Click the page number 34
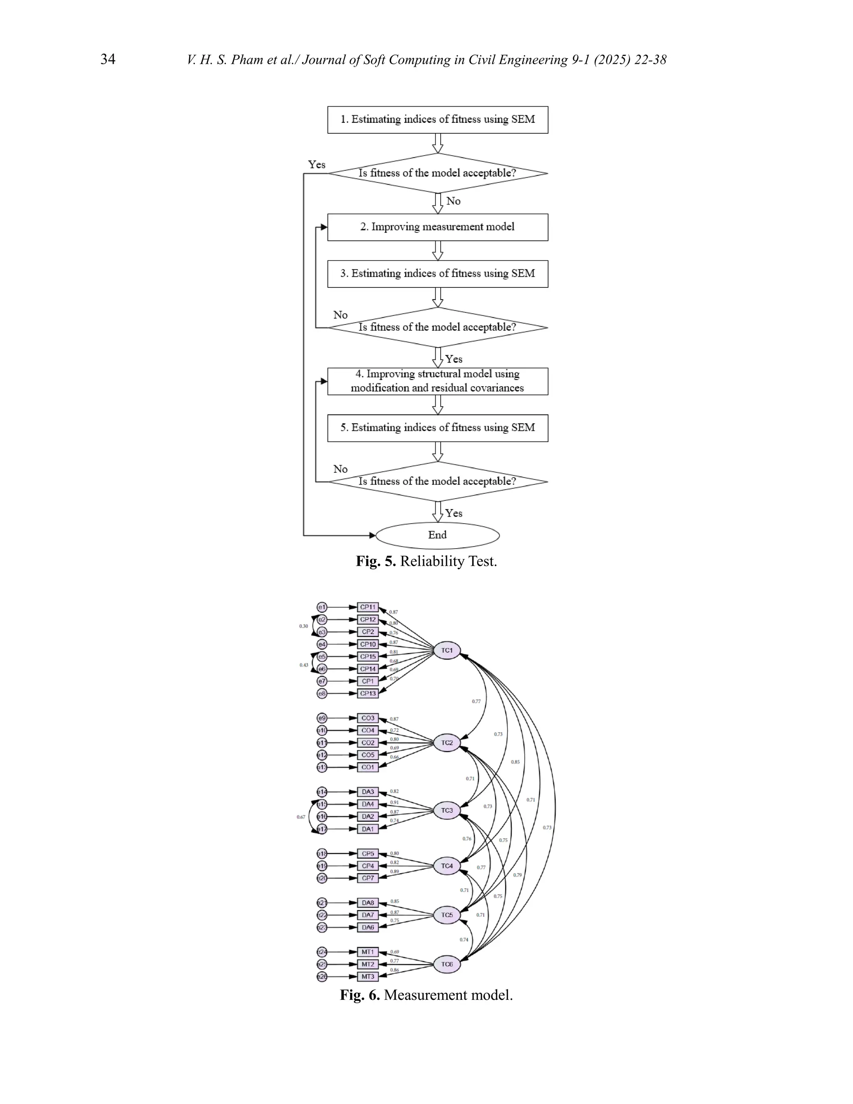pos(107,60)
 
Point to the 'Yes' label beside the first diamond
pos(317,165)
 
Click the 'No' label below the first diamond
pos(453,201)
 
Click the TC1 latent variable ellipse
pos(447,651)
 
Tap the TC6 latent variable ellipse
pos(447,964)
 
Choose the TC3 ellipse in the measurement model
pos(447,810)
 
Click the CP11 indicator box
pos(368,607)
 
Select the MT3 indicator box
pos(368,977)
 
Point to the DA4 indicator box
pos(368,804)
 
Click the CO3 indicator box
pos(368,718)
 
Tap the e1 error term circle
pos(322,607)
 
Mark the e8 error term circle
pos(322,694)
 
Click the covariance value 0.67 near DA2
pos(301,817)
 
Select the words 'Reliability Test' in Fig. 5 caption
pos(448,562)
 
